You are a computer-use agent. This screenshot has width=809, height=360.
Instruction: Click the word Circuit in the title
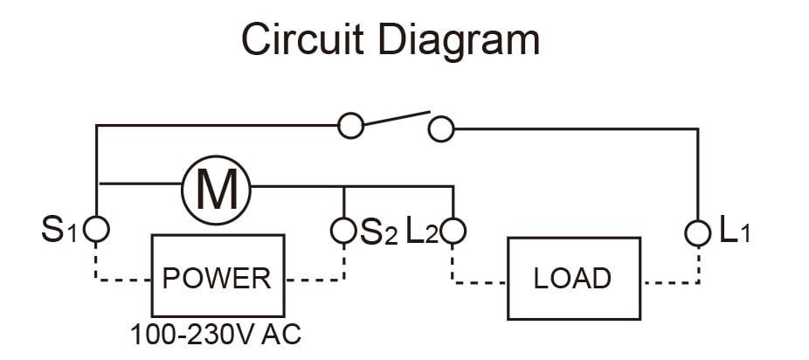(303, 39)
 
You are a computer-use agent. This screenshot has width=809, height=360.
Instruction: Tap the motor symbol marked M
(216, 190)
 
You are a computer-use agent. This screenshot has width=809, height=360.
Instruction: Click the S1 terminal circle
(96, 229)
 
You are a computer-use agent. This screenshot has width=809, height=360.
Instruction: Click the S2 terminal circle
(343, 231)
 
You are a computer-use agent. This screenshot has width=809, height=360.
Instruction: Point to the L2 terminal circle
(453, 231)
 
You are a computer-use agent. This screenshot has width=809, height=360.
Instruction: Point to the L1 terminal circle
(698, 233)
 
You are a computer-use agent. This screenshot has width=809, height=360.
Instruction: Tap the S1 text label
(59, 231)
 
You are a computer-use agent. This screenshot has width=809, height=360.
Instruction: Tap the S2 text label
(379, 232)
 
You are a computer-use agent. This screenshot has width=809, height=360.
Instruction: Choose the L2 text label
(422, 232)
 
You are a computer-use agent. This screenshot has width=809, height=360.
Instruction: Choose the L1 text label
(735, 232)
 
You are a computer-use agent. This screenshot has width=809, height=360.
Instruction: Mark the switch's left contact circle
(351, 126)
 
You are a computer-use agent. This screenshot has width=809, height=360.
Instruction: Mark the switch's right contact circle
(441, 128)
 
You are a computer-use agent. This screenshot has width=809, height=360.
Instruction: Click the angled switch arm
(397, 118)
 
